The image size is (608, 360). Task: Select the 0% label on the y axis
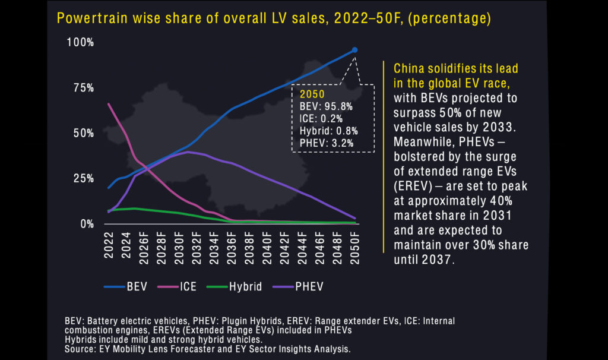[87, 224]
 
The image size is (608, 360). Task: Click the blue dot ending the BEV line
[354, 50]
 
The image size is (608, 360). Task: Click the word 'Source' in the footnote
[80, 349]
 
